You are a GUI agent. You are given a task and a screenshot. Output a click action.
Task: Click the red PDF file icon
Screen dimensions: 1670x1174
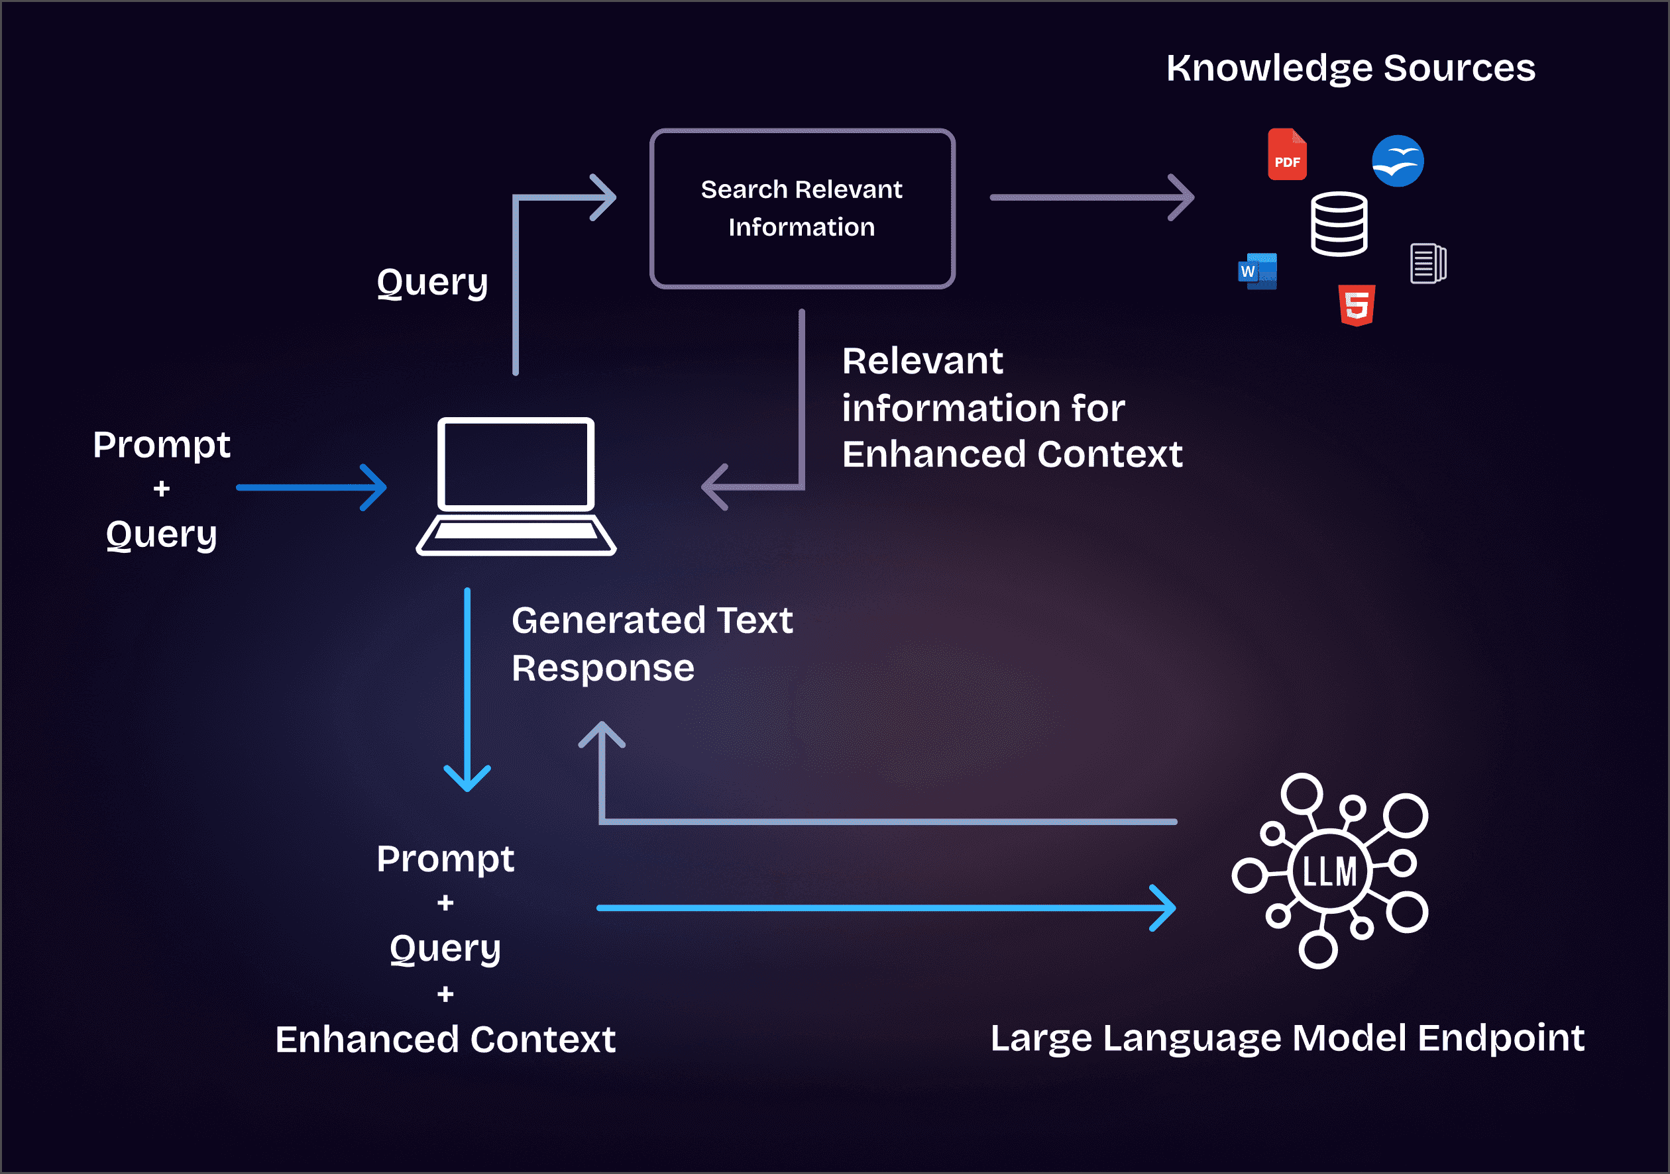[1287, 154]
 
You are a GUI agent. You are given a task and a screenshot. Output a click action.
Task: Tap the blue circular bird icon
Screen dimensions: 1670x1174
[1397, 161]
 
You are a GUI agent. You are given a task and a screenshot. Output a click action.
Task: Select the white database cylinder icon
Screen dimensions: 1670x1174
[1339, 224]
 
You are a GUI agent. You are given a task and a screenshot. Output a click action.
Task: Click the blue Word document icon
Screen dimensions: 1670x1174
[1258, 271]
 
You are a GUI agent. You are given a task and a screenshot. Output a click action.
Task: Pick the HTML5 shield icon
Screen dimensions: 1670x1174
[1357, 305]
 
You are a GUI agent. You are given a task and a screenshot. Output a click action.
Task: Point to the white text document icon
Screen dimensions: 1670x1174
[1428, 262]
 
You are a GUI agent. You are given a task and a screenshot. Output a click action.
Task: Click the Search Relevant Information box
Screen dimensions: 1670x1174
[803, 209]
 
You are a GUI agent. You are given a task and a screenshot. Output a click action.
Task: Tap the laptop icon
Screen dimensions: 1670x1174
[516, 486]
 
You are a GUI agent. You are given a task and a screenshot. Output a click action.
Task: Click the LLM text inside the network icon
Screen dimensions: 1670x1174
[1329, 871]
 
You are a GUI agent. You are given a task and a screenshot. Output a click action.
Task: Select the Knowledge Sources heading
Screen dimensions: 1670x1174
[1351, 68]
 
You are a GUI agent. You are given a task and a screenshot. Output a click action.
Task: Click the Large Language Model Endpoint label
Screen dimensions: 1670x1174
[1288, 1038]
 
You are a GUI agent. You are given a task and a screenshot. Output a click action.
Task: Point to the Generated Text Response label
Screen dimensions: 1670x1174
[651, 644]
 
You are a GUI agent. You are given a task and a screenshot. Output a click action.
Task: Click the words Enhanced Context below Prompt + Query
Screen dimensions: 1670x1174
[445, 1039]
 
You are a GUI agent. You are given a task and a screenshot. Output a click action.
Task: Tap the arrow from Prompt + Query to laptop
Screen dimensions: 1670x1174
[311, 488]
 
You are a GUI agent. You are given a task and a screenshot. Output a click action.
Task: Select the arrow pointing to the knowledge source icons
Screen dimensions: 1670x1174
[1091, 197]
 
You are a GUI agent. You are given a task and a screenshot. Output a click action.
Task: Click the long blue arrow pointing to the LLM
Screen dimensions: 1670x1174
[886, 908]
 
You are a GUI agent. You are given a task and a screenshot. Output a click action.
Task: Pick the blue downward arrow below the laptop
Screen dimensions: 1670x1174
[467, 689]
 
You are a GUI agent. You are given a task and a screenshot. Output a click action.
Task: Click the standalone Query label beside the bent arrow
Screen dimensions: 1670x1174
[432, 283]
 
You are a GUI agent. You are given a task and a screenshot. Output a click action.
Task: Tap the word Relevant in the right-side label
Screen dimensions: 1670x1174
[922, 362]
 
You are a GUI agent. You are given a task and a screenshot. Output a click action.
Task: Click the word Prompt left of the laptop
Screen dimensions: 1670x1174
[162, 445]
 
